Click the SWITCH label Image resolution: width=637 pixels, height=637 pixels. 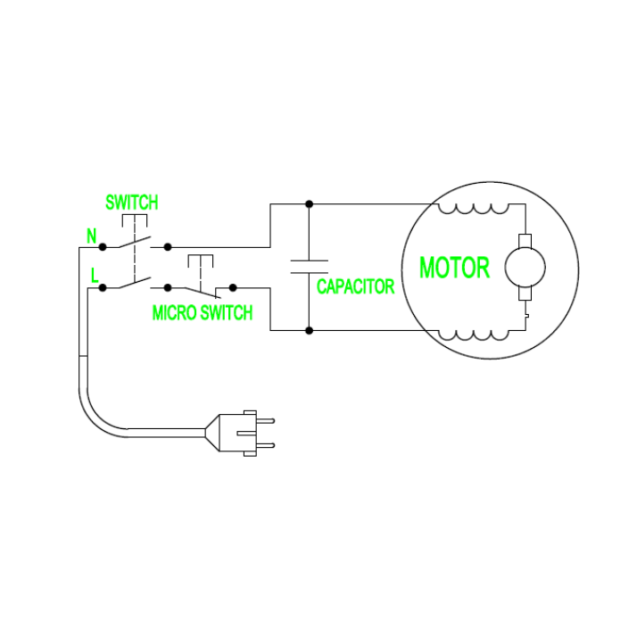pos(131,203)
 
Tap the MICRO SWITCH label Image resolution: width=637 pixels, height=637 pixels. pos(202,313)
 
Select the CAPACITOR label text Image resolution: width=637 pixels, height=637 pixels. pos(355,287)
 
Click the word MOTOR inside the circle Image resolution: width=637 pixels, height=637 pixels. pos(454,268)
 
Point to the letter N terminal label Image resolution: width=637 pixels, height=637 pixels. pos(91,236)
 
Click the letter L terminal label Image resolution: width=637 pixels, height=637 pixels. pos(94,277)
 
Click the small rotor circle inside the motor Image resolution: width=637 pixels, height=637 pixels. pos(525,267)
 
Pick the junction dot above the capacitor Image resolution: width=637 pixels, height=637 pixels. pos(309,203)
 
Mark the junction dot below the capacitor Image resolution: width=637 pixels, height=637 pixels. pos(309,331)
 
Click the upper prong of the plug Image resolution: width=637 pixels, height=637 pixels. pos(266,420)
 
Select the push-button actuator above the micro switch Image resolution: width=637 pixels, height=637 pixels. pos(202,261)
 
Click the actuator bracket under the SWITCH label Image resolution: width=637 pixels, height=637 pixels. pos(133,219)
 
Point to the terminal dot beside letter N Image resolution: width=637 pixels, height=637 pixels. pos(103,245)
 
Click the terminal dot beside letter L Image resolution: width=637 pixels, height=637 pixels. pos(103,287)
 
